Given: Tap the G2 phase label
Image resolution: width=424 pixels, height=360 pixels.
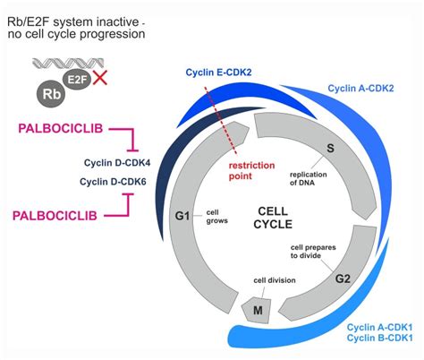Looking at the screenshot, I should point(343,279).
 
